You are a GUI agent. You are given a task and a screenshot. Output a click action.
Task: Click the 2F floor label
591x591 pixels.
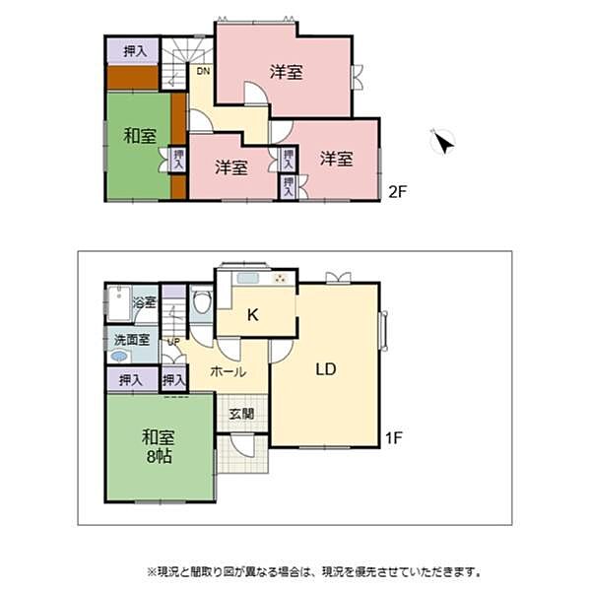396,191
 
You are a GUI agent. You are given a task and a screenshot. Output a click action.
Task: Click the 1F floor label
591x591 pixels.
396,435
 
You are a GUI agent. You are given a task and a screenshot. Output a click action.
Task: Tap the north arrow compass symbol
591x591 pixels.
443,143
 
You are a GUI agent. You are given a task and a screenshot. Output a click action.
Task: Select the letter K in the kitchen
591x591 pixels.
252,316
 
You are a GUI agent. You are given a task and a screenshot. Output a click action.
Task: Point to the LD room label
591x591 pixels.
326,370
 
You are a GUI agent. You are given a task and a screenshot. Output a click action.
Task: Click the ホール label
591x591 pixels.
227,373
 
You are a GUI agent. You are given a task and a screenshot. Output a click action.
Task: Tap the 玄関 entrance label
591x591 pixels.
241,414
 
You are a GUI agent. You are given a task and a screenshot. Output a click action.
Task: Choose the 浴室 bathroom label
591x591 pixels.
145,302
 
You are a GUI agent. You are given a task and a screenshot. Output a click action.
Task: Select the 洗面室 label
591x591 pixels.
131,339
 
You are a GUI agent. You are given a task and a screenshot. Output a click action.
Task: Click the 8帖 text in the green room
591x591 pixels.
158,456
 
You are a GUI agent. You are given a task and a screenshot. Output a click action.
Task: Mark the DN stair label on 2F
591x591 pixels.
203,72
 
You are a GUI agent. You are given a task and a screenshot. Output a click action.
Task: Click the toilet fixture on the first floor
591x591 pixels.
201,304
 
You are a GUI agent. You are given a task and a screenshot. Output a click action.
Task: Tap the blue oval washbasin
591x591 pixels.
120,357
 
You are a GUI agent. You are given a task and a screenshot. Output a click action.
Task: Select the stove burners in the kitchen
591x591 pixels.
281,279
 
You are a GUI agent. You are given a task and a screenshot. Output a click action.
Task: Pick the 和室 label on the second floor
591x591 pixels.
139,137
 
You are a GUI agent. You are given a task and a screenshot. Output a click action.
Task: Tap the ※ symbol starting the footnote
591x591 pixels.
152,571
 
